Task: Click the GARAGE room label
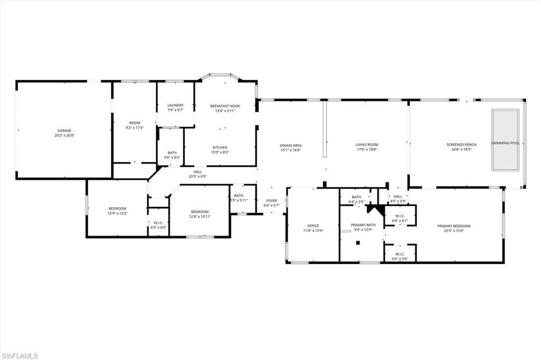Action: coord(64,130)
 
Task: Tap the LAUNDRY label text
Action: coord(175,105)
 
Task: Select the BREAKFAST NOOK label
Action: coord(225,106)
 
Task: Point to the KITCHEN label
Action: coord(220,147)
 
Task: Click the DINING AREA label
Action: coord(291,145)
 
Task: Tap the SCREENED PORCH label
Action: coord(458,145)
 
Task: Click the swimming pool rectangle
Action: coord(505,140)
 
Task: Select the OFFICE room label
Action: coord(313,225)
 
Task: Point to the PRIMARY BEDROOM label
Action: coord(453,226)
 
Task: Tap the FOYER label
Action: coord(272,201)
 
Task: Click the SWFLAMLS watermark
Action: coord(20,356)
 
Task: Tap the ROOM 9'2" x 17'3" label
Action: coord(134,125)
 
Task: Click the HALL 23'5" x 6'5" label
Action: coord(198,174)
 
